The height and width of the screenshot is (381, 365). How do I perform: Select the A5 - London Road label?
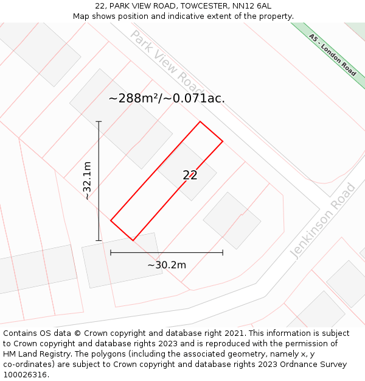click(x=332, y=55)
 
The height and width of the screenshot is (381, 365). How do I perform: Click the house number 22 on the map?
click(x=190, y=175)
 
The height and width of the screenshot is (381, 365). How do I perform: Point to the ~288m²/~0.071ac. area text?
click(x=167, y=98)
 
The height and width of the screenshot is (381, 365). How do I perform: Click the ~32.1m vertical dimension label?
click(x=88, y=180)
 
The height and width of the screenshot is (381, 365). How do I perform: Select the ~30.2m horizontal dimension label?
click(x=167, y=265)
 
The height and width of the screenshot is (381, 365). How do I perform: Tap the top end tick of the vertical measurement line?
click(x=99, y=122)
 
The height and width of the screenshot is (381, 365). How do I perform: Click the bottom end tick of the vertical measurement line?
click(x=99, y=240)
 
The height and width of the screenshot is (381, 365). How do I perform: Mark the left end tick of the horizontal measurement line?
click(x=111, y=252)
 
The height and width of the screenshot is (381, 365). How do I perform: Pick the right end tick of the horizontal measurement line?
click(x=223, y=252)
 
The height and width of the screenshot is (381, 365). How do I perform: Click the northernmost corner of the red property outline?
click(x=200, y=122)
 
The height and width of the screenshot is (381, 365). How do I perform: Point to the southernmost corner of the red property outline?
click(x=133, y=240)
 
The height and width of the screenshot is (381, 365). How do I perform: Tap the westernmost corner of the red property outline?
click(x=111, y=220)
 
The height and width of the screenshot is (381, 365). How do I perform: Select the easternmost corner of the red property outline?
click(x=223, y=141)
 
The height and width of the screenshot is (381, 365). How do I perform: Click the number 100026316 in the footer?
click(x=25, y=375)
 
